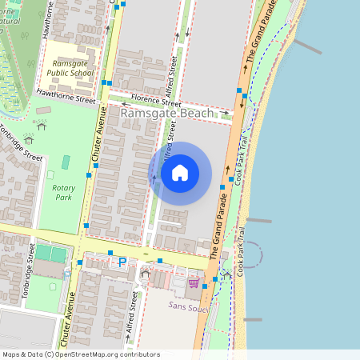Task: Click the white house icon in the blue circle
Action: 180,173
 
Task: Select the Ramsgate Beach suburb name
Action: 167,114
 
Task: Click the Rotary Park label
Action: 63,191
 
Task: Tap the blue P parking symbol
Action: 122,262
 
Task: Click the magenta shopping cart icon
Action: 194,282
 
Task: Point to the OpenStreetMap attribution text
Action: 80,354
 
